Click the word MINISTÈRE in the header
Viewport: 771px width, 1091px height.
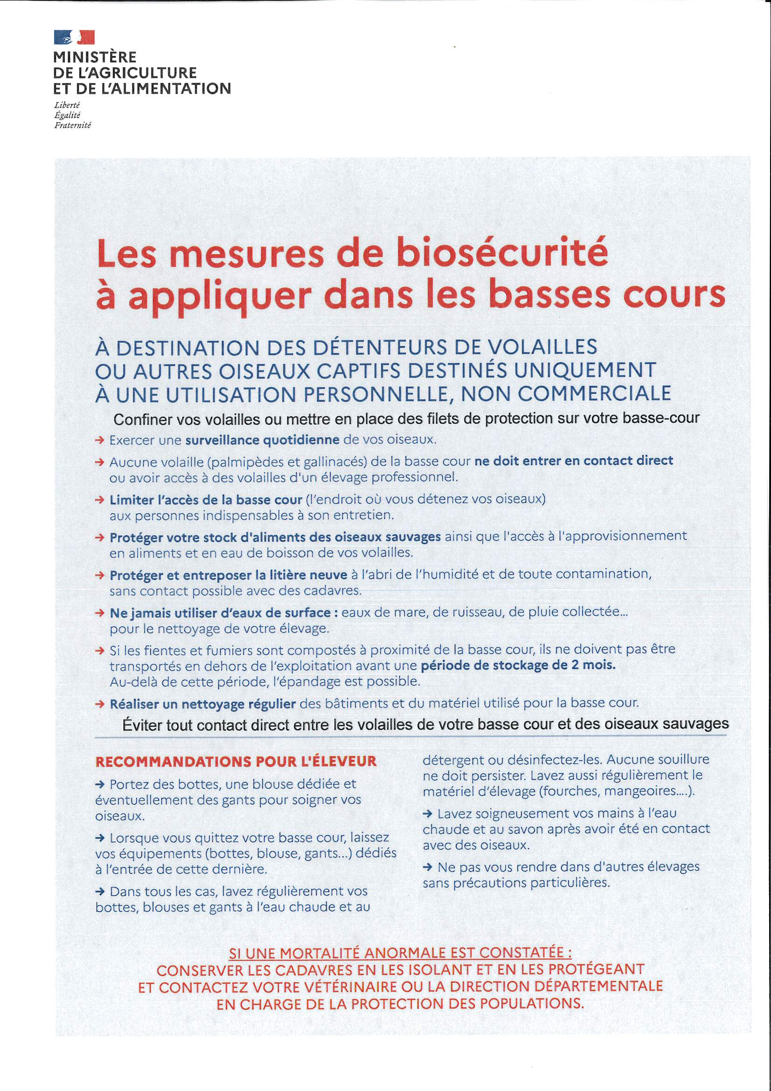[95, 57]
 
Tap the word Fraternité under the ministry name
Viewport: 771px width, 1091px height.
[72, 126]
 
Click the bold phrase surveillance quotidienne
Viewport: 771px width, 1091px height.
[262, 440]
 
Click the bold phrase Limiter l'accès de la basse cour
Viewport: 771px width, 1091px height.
[206, 499]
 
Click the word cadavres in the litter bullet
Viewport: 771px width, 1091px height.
[331, 591]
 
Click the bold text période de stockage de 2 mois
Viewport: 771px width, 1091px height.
[518, 665]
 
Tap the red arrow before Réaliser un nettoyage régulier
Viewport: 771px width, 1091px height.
[100, 703]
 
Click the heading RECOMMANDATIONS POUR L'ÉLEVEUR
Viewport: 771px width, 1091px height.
[236, 761]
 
